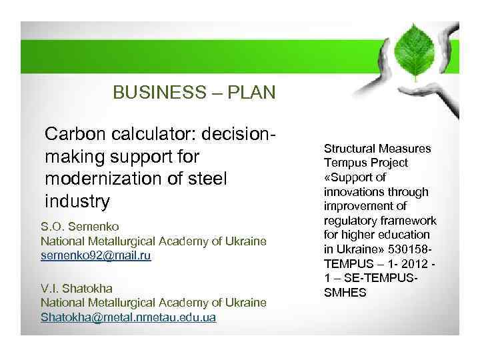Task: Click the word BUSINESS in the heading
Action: (148, 92)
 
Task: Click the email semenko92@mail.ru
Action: (96, 255)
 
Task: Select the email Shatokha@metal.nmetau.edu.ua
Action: (128, 317)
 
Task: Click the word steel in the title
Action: (209, 179)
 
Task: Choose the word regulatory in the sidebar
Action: (351, 220)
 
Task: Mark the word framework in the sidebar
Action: (408, 220)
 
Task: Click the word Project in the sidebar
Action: (389, 163)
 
